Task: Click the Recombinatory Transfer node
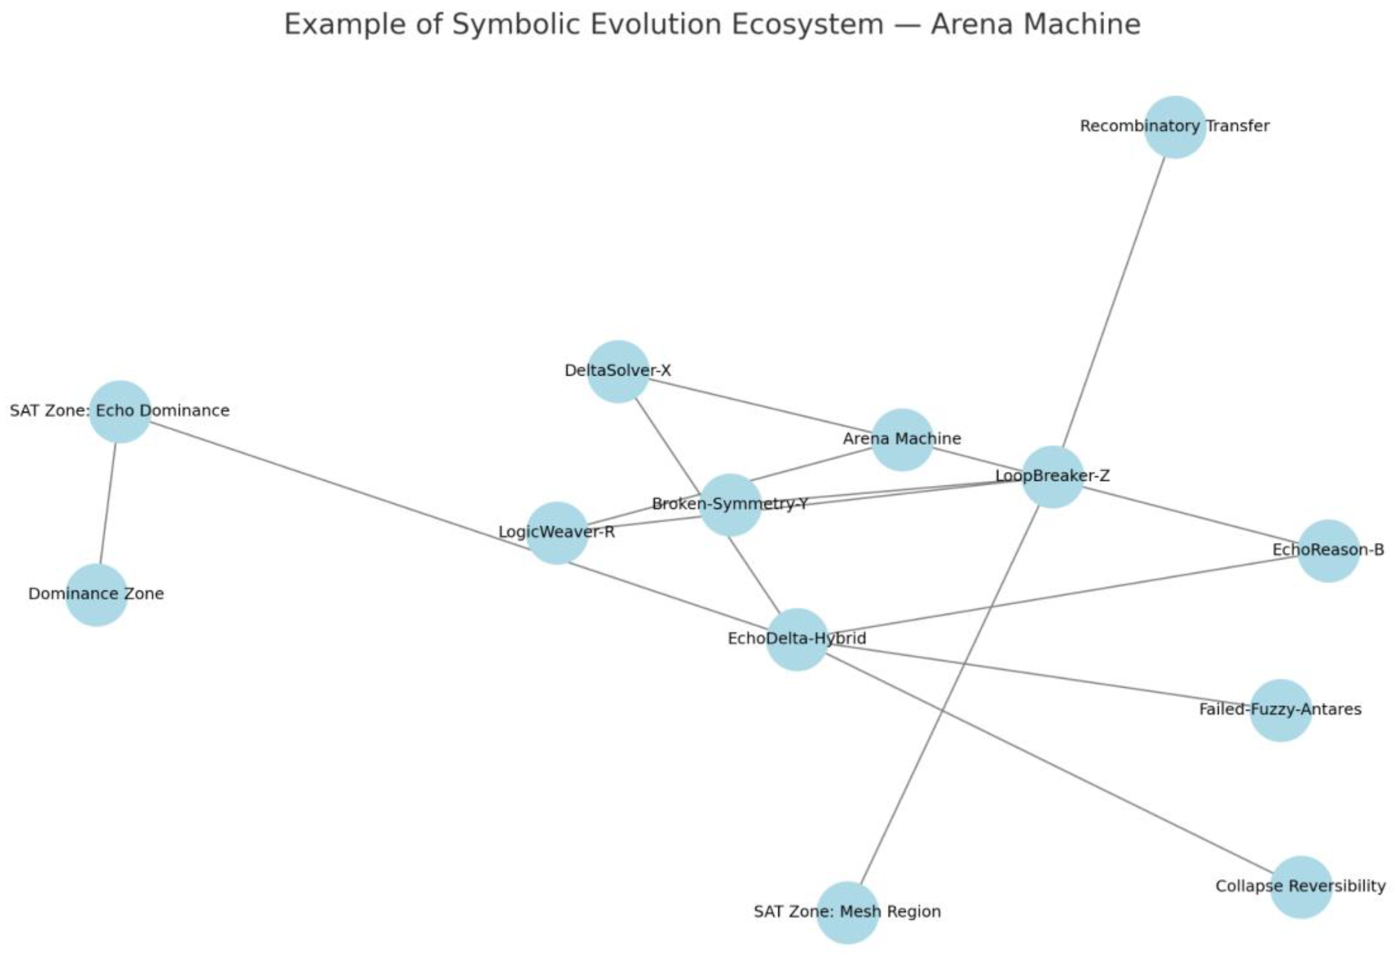1174,127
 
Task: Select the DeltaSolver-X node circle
618,372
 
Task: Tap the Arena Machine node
902,439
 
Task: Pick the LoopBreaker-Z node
1052,477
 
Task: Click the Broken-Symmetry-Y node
730,504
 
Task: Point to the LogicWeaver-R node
557,533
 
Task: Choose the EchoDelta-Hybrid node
797,639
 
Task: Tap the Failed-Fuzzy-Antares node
1280,710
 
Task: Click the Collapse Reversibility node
1301,887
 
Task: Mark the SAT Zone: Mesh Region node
848,913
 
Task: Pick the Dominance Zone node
96,595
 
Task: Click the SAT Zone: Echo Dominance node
120,411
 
